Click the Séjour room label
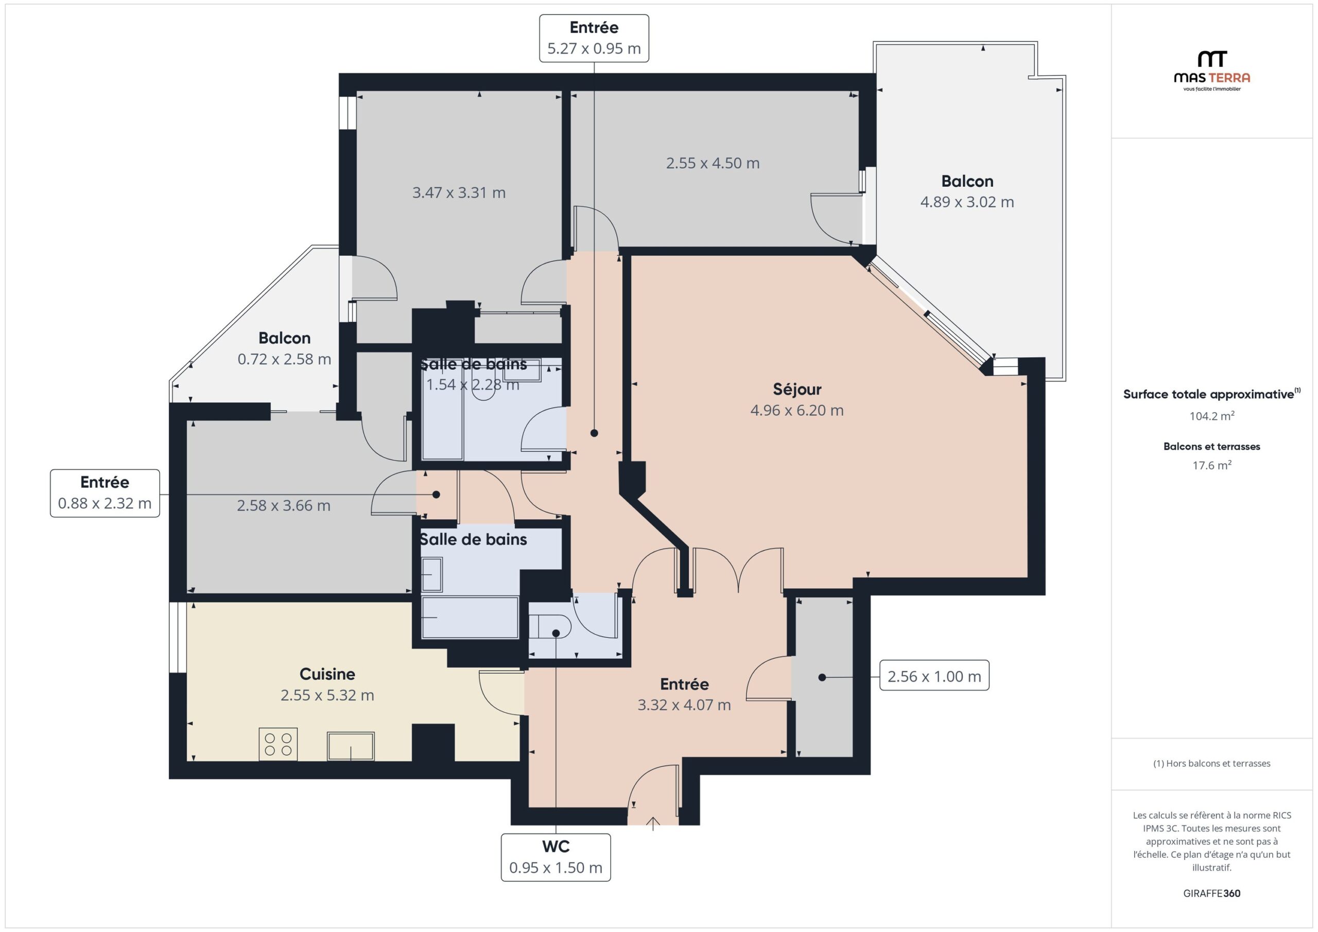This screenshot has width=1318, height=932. pyautogui.click(x=797, y=389)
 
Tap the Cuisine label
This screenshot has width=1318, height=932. pyautogui.click(x=327, y=674)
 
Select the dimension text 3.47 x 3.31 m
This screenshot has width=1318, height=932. pyautogui.click(x=459, y=192)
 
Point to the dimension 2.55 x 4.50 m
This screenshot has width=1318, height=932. pyautogui.click(x=713, y=163)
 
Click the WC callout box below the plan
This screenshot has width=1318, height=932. pyautogui.click(x=556, y=857)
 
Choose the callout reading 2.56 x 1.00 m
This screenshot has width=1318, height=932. pyautogui.click(x=934, y=676)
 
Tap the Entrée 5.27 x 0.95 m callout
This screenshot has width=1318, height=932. pyautogui.click(x=594, y=39)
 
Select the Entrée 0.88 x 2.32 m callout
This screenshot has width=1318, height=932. pyautogui.click(x=105, y=493)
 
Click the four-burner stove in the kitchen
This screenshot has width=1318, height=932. pyautogui.click(x=279, y=744)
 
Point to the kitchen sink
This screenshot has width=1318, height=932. pyautogui.click(x=351, y=746)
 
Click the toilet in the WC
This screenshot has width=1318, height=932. pyautogui.click(x=549, y=626)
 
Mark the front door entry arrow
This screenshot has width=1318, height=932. pyautogui.click(x=653, y=823)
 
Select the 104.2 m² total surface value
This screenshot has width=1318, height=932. pyautogui.click(x=1212, y=415)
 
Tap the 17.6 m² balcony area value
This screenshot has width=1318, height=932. pyautogui.click(x=1212, y=465)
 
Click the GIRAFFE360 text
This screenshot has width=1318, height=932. pyautogui.click(x=1212, y=893)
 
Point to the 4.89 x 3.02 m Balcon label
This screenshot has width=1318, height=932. pyautogui.click(x=967, y=191)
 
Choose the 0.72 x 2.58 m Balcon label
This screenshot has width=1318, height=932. pyautogui.click(x=284, y=348)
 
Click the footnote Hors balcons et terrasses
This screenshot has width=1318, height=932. pyautogui.click(x=1212, y=763)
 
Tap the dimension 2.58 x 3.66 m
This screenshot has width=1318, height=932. pyautogui.click(x=284, y=505)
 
